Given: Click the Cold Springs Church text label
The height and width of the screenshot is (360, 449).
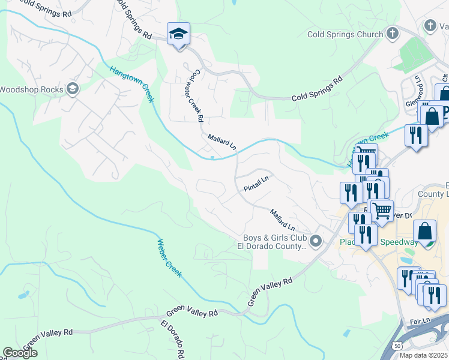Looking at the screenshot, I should click(345, 34).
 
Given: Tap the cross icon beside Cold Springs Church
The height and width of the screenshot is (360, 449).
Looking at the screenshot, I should click(393, 33).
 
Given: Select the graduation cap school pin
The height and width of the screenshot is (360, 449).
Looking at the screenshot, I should click(178, 34).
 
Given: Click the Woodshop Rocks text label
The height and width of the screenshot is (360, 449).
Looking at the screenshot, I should click(31, 90).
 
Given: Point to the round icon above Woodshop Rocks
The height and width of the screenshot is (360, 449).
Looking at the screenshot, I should click(73, 89).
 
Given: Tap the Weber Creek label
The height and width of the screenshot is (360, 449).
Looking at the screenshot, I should click(169, 258).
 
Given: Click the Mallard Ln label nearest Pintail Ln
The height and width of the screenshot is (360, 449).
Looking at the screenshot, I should click(283, 220).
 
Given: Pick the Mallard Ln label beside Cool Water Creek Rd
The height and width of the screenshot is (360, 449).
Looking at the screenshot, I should click(222, 143).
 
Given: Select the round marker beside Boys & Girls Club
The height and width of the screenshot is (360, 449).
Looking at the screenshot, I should click(316, 241).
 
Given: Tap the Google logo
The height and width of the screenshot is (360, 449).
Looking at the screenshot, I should click(20, 353).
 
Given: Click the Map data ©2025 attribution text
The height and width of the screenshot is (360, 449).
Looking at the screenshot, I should click(423, 355).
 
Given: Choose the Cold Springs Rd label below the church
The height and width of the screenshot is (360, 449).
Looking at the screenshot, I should click(316, 88).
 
